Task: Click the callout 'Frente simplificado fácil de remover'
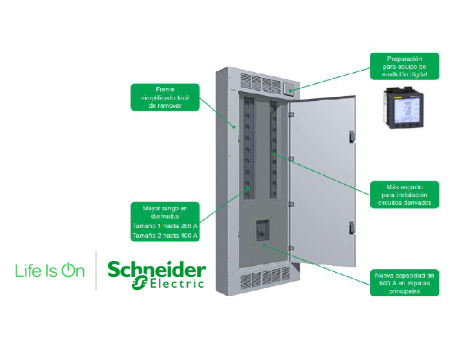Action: [x=166, y=98]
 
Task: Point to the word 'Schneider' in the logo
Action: [x=156, y=269]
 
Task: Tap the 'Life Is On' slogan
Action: [x=50, y=271]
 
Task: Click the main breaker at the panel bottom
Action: [x=262, y=232]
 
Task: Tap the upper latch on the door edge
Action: [x=350, y=135]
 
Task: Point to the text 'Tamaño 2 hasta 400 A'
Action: [x=166, y=236]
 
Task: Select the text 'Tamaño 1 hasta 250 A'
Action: [x=166, y=226]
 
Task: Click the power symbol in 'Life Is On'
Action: [x=68, y=271]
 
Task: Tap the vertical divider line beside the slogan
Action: [x=96, y=271]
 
